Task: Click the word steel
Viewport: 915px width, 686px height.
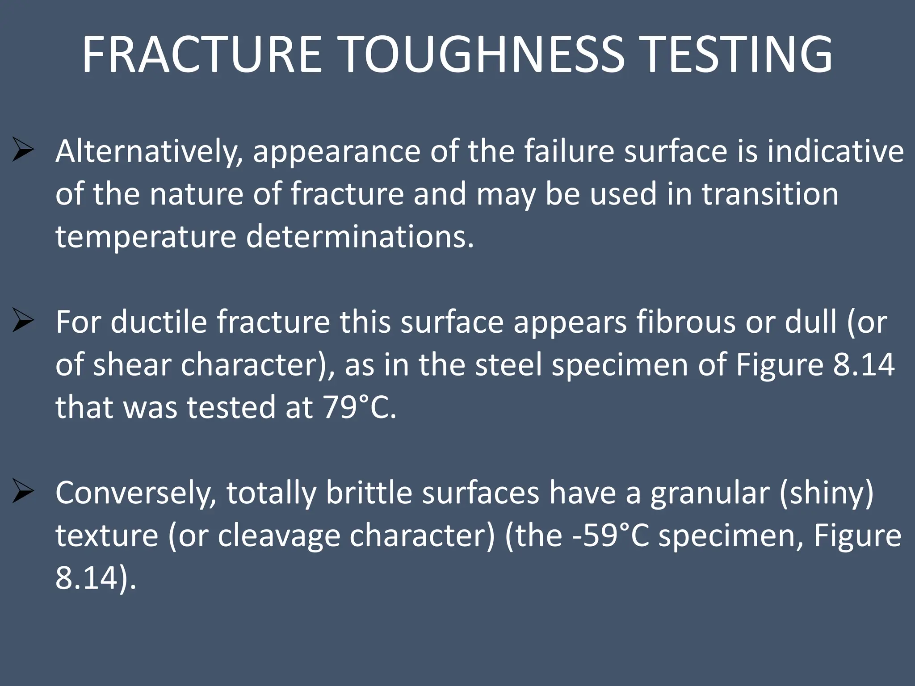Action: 509,364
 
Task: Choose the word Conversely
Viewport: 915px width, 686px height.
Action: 136,493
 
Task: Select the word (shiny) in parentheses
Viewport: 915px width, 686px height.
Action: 827,493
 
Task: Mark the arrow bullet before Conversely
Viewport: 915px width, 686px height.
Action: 23,491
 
